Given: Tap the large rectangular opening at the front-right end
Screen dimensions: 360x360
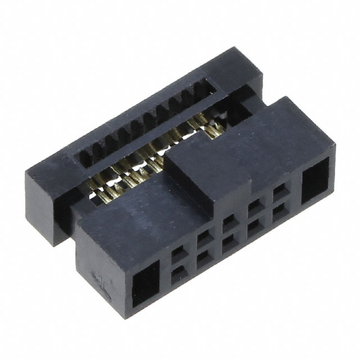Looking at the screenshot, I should coord(315,181).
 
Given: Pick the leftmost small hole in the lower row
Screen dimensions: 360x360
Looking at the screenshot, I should coord(178,274).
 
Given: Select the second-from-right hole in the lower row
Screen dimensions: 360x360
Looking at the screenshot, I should coord(254,227).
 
